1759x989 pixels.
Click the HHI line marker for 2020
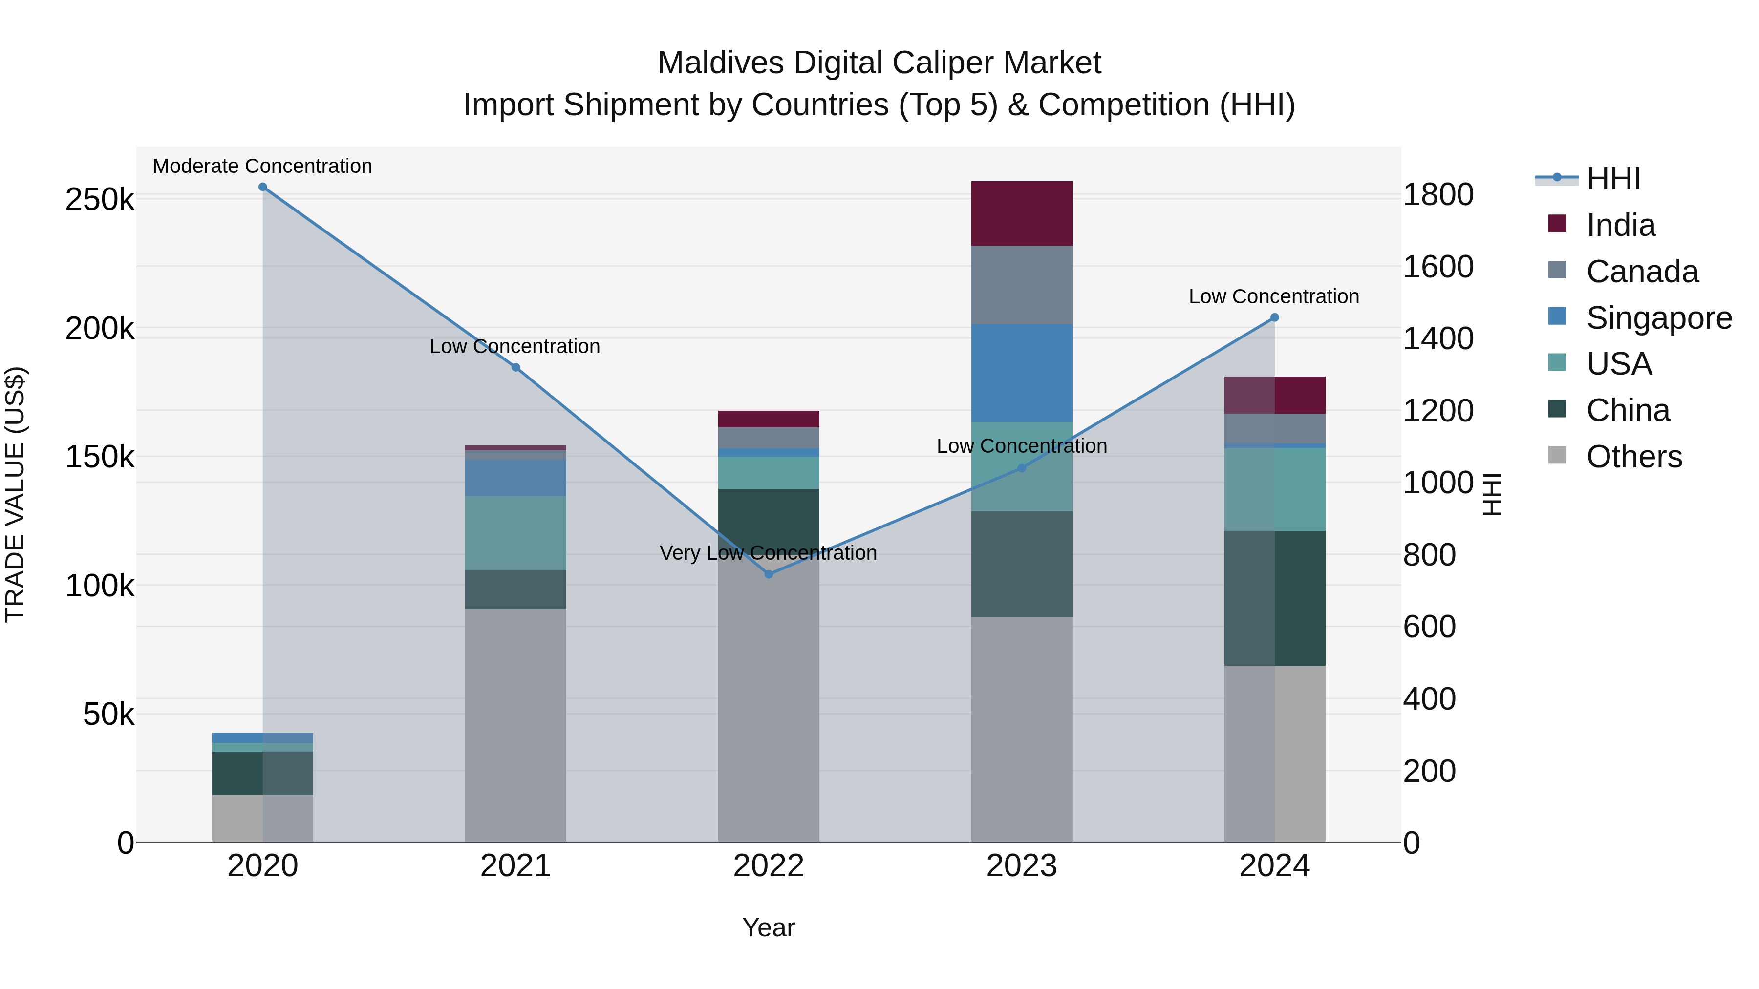[263, 187]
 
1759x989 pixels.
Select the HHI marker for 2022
[769, 575]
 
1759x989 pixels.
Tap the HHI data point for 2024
[1274, 317]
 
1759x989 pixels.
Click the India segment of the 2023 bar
[1022, 213]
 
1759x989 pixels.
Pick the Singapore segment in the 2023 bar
[1022, 373]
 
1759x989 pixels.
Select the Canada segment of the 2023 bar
[1022, 285]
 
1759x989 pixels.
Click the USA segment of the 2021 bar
[515, 532]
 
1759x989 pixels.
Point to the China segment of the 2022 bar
[769, 519]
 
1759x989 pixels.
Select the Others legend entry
[1633, 457]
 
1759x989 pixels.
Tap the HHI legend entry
[1612, 179]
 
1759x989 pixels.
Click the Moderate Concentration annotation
[262, 166]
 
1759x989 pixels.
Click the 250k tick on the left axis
[100, 200]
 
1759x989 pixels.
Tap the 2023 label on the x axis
[1022, 866]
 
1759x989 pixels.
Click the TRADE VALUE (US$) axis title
[15, 494]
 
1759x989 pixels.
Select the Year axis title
[769, 927]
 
